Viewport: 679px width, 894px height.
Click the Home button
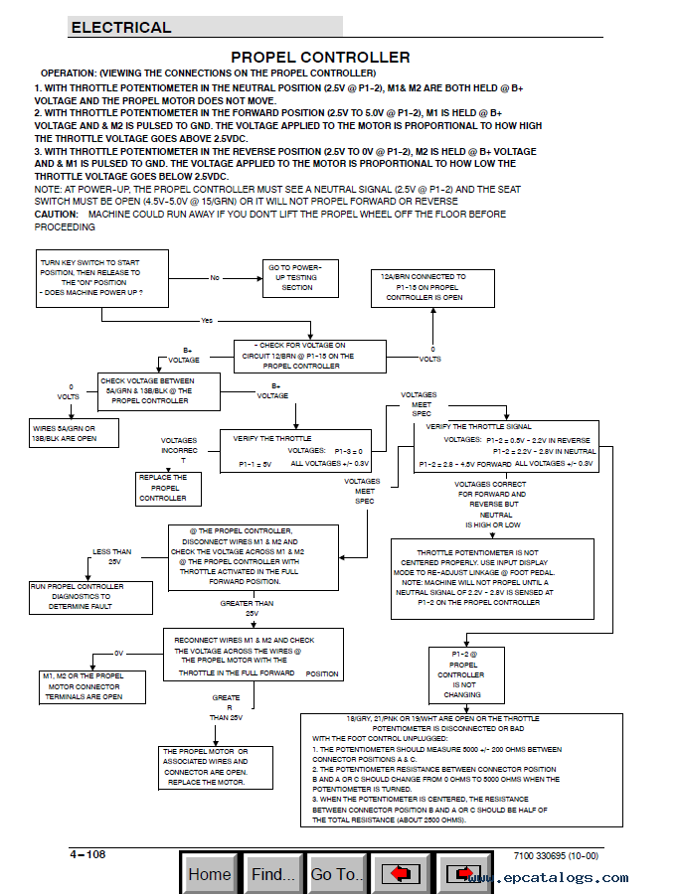pos(210,874)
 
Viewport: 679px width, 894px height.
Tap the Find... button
pos(272,874)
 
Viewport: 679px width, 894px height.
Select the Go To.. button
pos(337,874)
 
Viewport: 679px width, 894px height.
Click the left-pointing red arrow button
pos(400,874)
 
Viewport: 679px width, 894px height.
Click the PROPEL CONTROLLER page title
pos(320,58)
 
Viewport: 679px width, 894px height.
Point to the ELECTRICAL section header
pos(121,28)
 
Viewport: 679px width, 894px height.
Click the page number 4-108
pos(87,855)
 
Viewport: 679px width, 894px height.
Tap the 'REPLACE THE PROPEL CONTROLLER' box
pos(162,487)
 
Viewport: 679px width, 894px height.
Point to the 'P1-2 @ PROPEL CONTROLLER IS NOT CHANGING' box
pos(461,674)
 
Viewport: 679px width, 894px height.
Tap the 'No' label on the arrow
pos(214,278)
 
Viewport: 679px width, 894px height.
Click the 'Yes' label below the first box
pos(207,321)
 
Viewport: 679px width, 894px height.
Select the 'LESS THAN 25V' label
pos(112,555)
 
